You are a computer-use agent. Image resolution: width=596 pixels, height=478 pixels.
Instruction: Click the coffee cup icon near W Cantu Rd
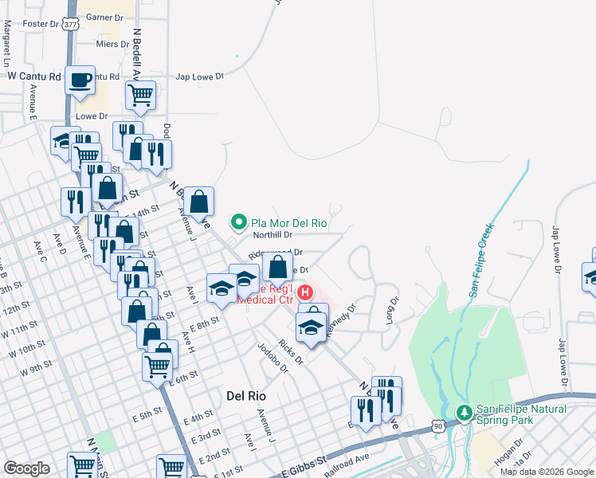point(80,80)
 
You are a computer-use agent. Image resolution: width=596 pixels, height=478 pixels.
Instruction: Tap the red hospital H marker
point(305,293)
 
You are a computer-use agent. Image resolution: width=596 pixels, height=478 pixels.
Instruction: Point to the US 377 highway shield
point(71,24)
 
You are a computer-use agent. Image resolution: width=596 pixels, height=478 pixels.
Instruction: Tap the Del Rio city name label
point(246,395)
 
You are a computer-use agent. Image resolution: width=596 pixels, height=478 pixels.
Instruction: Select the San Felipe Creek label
point(484,261)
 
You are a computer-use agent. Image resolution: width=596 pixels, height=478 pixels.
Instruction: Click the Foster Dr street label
point(42,24)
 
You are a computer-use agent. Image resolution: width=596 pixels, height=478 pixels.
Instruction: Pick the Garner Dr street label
point(104,17)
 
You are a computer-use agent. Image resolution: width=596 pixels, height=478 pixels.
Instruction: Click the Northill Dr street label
point(273,235)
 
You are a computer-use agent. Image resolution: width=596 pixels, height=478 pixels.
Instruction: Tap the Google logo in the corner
point(26,468)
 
